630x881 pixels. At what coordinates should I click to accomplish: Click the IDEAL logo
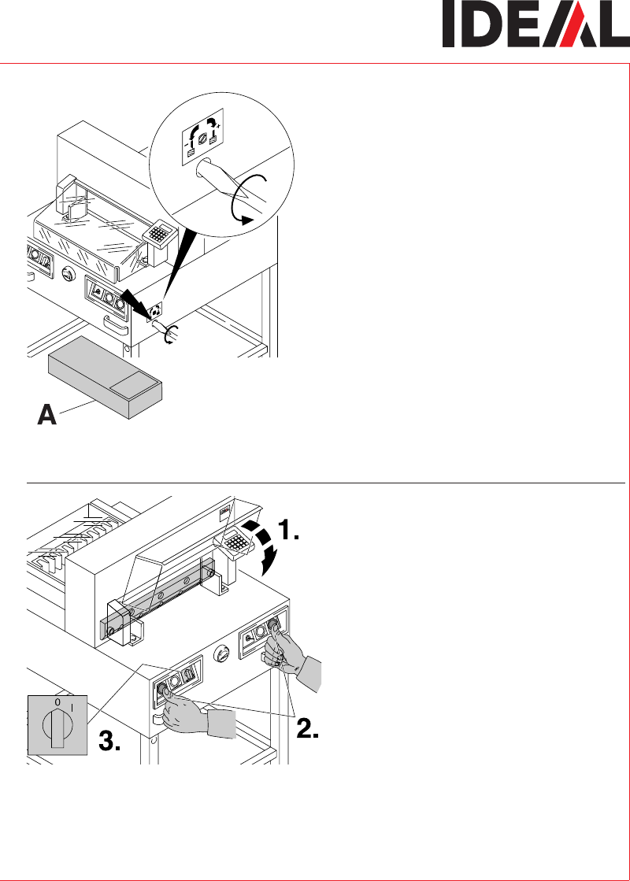[535, 24]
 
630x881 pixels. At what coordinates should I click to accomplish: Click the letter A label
[47, 415]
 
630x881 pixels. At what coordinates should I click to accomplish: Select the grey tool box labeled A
[105, 378]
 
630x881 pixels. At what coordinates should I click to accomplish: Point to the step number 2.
[307, 728]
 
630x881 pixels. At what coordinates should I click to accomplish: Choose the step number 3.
[109, 741]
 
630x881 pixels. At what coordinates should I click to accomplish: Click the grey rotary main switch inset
[57, 725]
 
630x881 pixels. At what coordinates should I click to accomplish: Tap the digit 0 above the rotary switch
[57, 702]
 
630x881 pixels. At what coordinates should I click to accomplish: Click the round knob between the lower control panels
[222, 653]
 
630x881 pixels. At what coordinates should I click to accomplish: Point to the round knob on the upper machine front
[69, 274]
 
